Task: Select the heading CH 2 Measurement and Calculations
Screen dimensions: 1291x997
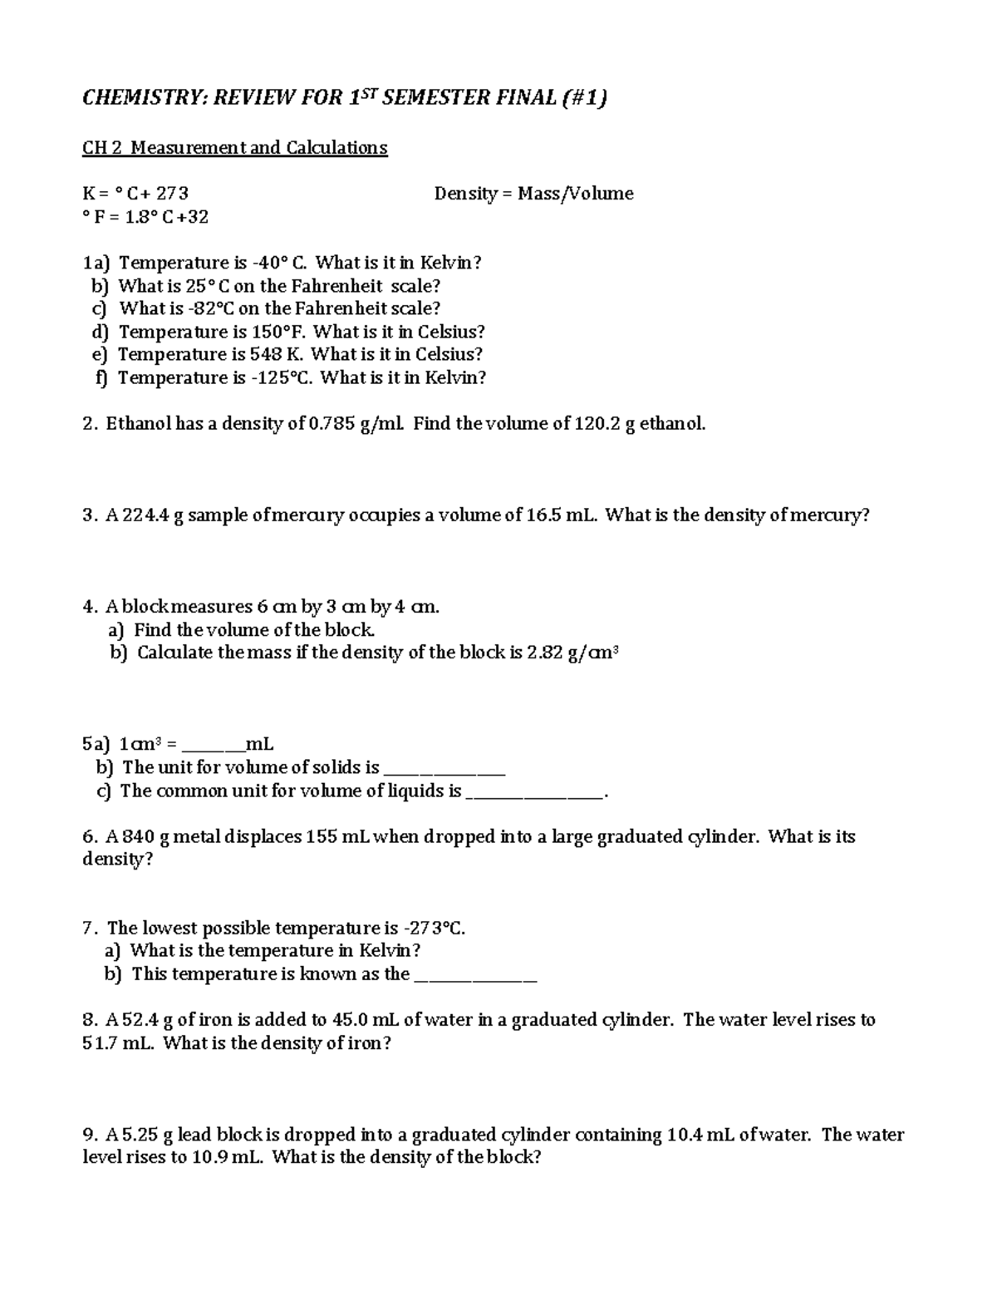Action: tap(234, 148)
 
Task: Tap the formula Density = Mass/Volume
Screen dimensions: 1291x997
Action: tap(533, 194)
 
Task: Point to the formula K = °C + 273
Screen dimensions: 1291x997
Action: tap(135, 194)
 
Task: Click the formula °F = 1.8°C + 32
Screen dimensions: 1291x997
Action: tap(145, 217)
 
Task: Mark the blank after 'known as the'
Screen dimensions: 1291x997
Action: tap(474, 976)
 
